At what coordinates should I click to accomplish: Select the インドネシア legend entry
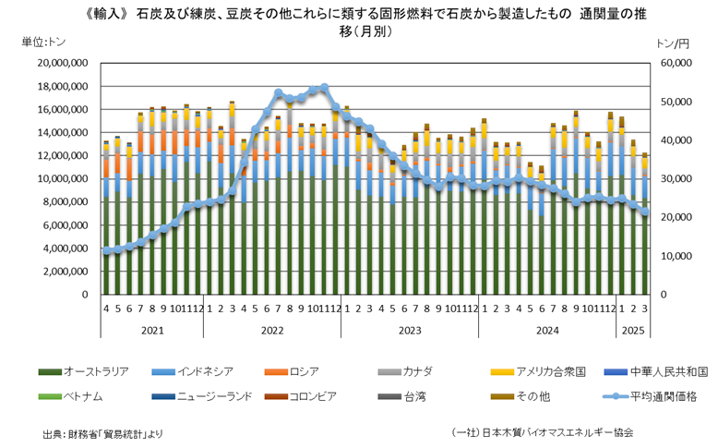209,371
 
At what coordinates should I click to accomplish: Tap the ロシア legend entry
305,371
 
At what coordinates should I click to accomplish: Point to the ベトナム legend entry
83,395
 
